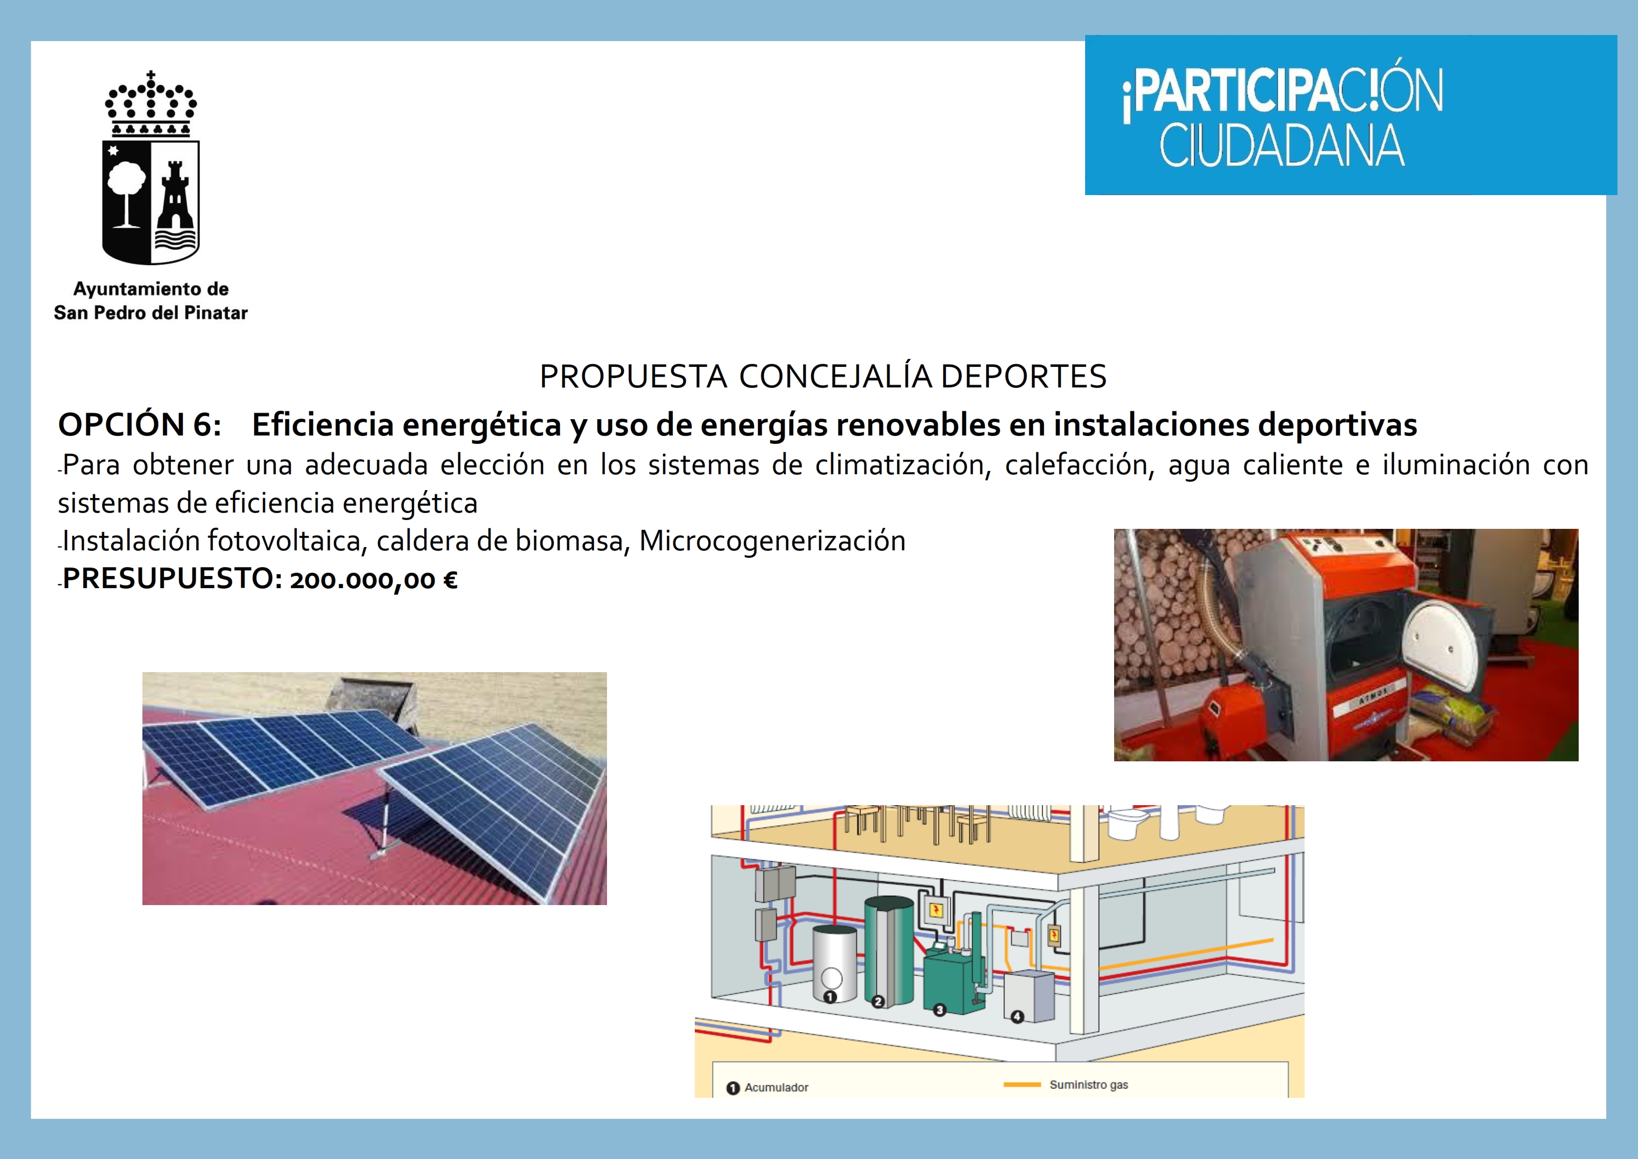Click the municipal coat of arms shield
coord(151,202)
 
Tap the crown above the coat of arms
coord(151,104)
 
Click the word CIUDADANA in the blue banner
coord(1282,146)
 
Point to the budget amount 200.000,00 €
coord(373,580)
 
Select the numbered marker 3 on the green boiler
coord(939,1010)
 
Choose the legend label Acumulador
coord(776,1087)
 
